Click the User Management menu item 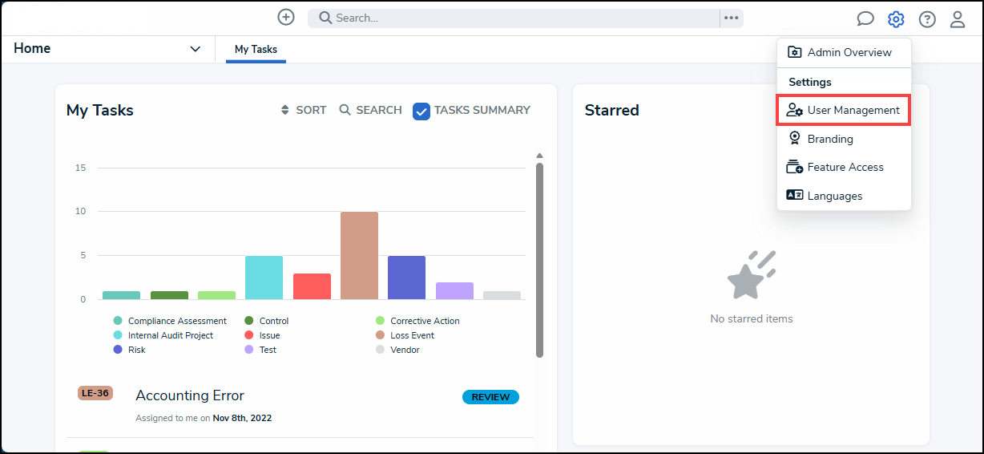coord(843,110)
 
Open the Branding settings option coord(820,139)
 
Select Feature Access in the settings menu coord(835,167)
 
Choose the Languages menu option coord(824,196)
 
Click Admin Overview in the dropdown coord(839,52)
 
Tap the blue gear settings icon coord(896,19)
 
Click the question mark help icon coord(927,19)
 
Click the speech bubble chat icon coord(865,19)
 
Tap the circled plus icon coord(286,18)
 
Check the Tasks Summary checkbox coord(421,111)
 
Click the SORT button coord(304,110)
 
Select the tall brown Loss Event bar coord(359,256)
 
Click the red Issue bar coord(312,286)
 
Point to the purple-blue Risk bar coord(406,278)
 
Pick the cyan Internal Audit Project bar coord(264,278)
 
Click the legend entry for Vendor coord(398,350)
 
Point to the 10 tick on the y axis coord(80,211)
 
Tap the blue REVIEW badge coord(490,397)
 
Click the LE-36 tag coord(95,393)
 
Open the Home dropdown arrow coord(195,49)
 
